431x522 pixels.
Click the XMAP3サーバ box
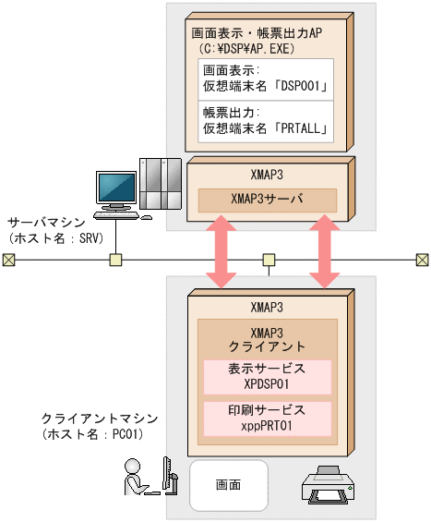(x=267, y=199)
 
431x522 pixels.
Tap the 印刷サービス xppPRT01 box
(x=267, y=417)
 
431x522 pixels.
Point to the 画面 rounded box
(x=229, y=485)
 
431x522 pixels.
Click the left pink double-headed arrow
(x=221, y=252)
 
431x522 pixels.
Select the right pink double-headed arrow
(x=325, y=252)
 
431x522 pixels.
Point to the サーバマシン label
(x=47, y=223)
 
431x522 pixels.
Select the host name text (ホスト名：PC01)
(x=89, y=432)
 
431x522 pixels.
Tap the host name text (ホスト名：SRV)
(x=55, y=237)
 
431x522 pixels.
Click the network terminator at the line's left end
(x=8, y=260)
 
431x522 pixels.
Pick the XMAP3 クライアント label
(x=267, y=339)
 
